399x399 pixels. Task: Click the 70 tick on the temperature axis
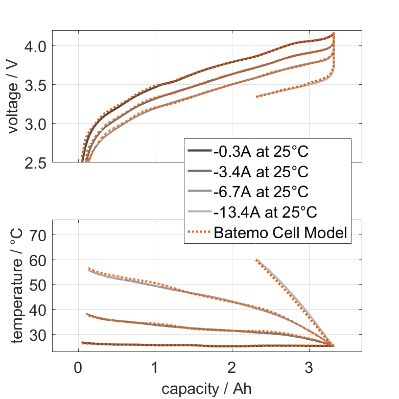point(39,235)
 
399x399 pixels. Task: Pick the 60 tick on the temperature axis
point(39,260)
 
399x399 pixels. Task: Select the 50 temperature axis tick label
point(39,285)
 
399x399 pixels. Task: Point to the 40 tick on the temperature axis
point(39,310)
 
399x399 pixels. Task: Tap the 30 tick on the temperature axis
point(39,335)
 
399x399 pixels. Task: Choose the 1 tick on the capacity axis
point(155,367)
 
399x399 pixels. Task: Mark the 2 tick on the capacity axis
point(232,367)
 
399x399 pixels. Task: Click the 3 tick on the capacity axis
point(309,367)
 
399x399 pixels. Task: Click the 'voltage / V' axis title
point(14,97)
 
